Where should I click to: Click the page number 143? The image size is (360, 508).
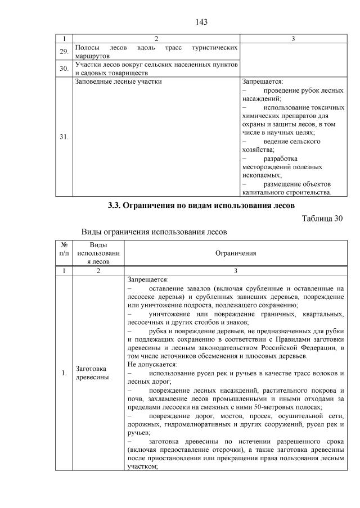tap(202, 22)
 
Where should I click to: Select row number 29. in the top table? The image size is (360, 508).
tap(65, 52)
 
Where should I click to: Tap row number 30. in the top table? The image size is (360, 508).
tap(65, 69)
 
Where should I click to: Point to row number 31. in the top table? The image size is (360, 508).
tap(65, 137)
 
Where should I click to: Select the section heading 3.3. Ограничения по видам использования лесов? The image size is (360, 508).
tap(201, 205)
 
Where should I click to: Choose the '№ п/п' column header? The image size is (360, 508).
tap(64, 249)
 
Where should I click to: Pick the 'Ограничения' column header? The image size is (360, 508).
tap(236, 253)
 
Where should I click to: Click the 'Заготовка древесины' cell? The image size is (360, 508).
tap(90, 372)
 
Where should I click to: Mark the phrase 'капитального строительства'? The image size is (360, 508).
tap(286, 192)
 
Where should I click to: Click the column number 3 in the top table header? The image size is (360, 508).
tap(293, 39)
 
